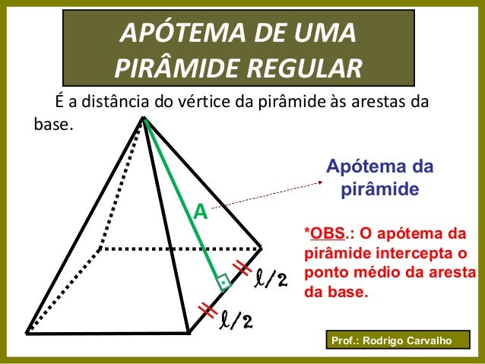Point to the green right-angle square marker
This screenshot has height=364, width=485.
click(x=223, y=282)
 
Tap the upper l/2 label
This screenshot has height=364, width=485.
click(x=271, y=279)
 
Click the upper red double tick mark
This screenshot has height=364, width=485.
click(x=242, y=267)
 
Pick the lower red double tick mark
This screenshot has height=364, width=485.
click(x=206, y=309)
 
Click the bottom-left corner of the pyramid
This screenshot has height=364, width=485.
click(x=27, y=331)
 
